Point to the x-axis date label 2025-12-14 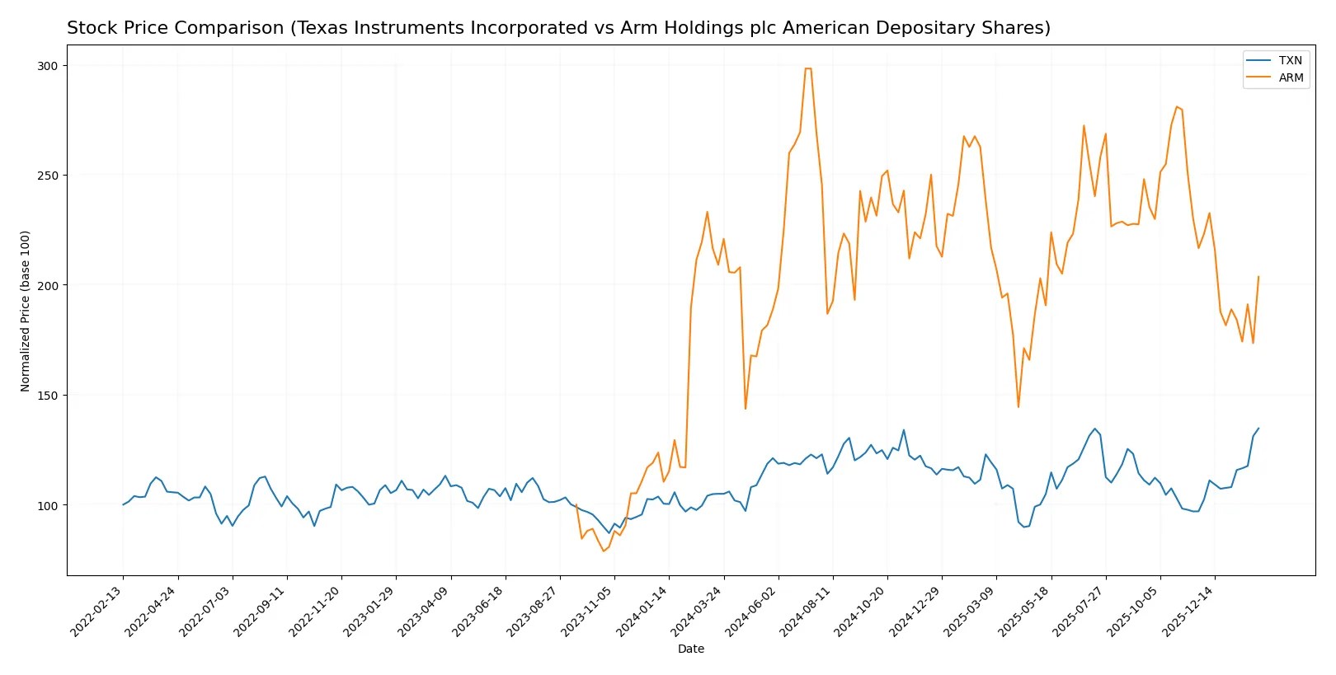[x=1190, y=611]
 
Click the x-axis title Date [x=691, y=649]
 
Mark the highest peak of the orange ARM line [x=808, y=68]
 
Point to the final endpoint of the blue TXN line [x=1258, y=428]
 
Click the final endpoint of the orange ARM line [x=1258, y=277]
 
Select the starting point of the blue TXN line [x=123, y=504]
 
